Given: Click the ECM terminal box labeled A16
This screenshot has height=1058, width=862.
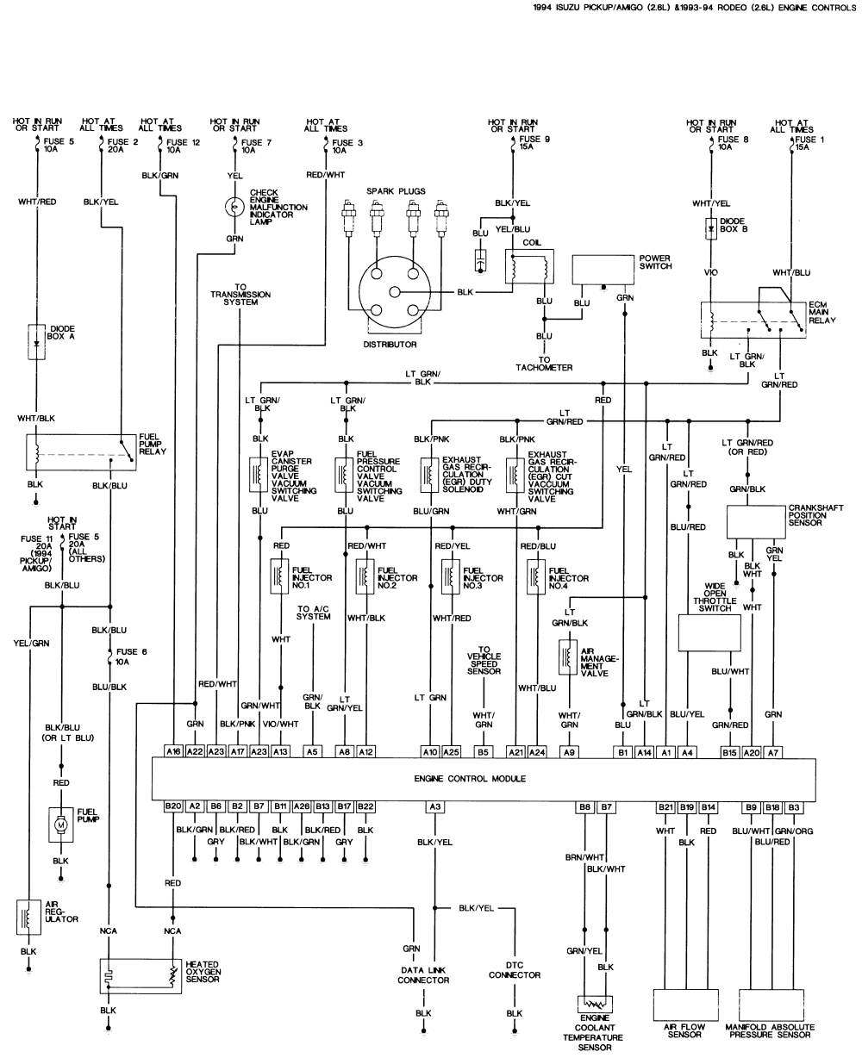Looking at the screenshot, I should pyautogui.click(x=173, y=751).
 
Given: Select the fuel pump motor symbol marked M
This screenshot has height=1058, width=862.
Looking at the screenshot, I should pyautogui.click(x=60, y=824).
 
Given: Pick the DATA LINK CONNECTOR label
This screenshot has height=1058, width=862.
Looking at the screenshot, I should pyautogui.click(x=423, y=975).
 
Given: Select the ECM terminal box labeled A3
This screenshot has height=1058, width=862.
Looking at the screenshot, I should pyautogui.click(x=435, y=806).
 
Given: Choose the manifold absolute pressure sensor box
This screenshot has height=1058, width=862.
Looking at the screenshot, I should pyautogui.click(x=770, y=1003).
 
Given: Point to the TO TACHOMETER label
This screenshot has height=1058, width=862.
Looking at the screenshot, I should pyautogui.click(x=544, y=364).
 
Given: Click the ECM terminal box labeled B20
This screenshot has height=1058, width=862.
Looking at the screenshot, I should pyautogui.click(x=173, y=806).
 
